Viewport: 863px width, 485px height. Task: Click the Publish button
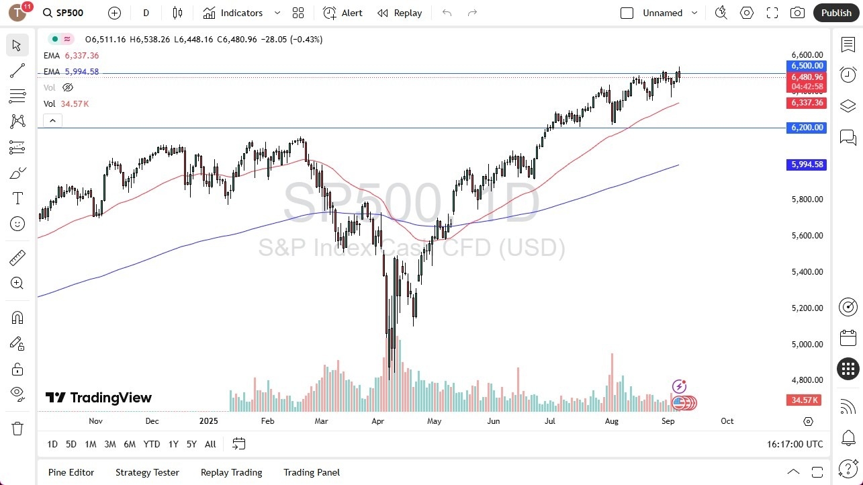tap(835, 13)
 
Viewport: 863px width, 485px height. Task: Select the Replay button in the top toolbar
tap(400, 13)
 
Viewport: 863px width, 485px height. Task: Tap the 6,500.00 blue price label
tap(807, 66)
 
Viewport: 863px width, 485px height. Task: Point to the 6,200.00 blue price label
tap(806, 128)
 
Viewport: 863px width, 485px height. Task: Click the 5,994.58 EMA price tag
tap(806, 165)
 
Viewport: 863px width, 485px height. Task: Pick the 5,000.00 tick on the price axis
tap(806, 344)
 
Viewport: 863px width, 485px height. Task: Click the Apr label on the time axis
tap(378, 421)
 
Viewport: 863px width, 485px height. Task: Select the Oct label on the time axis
tap(727, 421)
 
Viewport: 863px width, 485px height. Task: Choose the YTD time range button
tap(152, 444)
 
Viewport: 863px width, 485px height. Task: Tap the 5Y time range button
tap(191, 444)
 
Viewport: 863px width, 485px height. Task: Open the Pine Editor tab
tap(71, 472)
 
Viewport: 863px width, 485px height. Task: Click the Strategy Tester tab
tap(147, 472)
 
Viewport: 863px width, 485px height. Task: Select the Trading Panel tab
tap(312, 472)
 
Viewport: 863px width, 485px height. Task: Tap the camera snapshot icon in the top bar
tap(797, 13)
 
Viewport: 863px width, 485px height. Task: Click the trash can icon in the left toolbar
tap(17, 429)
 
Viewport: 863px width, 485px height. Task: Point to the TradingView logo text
tap(99, 398)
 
